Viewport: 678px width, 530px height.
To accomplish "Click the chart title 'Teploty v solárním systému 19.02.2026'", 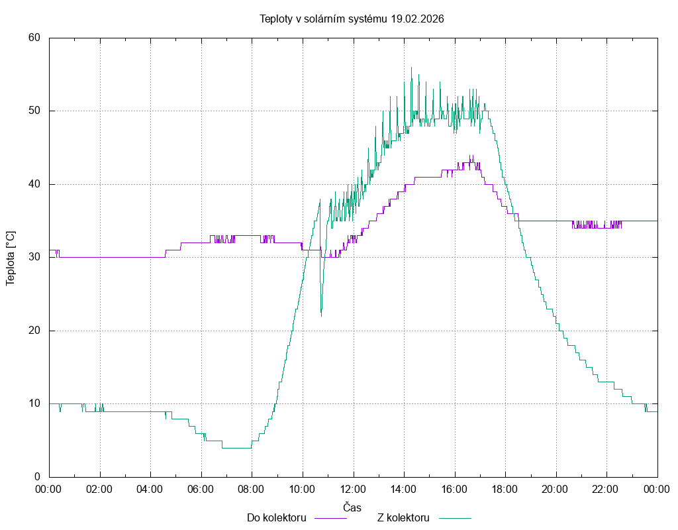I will coord(352,19).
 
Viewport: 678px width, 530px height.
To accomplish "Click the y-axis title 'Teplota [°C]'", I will coord(11,258).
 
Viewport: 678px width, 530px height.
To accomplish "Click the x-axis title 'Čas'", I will coord(352,507).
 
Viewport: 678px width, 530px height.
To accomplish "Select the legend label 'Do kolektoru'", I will coord(276,518).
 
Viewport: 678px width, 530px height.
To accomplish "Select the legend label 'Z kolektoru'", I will coord(404,518).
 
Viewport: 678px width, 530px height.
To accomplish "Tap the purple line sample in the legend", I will coord(330,518).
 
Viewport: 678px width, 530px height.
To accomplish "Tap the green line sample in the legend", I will coord(454,518).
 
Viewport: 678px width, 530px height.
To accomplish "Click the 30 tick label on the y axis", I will coord(35,257).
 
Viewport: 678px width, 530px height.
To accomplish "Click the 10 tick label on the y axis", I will coord(35,403).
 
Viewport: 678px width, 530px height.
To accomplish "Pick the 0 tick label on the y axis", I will coord(38,476).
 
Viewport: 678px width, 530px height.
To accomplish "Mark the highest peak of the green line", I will coord(411,67).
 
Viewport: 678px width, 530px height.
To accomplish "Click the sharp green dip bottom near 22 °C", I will coord(321,315).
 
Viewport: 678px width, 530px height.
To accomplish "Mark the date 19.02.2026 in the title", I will coord(417,19).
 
